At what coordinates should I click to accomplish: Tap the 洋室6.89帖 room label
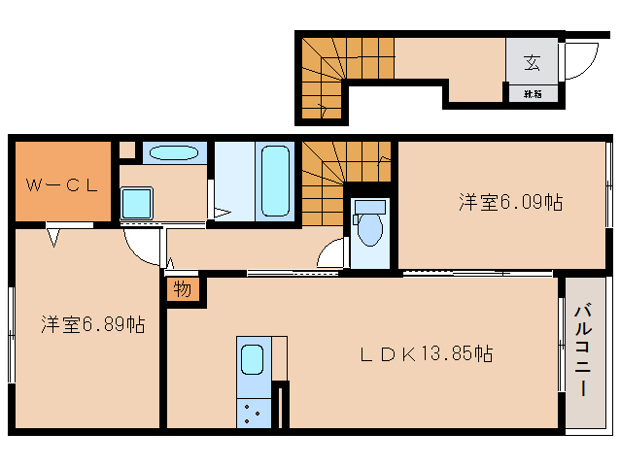[x=93, y=325]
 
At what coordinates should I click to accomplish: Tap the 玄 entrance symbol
[x=533, y=63]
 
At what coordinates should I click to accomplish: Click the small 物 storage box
[x=183, y=288]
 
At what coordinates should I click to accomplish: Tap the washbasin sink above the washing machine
[x=175, y=152]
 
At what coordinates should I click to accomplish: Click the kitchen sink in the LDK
[x=252, y=360]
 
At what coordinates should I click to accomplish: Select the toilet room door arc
[x=332, y=254]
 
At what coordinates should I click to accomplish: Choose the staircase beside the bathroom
[x=345, y=160]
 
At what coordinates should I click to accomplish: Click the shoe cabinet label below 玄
[x=533, y=94]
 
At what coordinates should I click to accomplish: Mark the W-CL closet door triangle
[x=55, y=234]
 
